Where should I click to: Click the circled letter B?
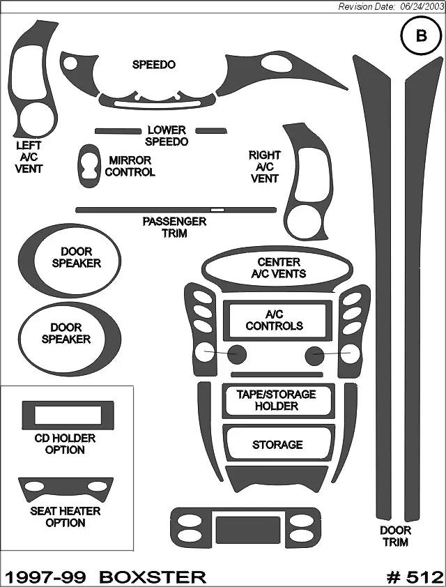click(421, 37)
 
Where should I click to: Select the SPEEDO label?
click(153, 65)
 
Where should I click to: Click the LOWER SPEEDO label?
click(167, 136)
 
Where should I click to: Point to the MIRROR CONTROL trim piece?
click(89, 166)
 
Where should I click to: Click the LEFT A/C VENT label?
click(29, 157)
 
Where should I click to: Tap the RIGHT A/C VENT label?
click(264, 167)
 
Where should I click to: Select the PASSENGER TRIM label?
click(174, 227)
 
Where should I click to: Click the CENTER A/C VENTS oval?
click(278, 268)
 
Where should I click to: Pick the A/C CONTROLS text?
click(275, 320)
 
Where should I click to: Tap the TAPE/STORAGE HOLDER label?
click(277, 400)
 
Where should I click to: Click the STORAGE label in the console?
click(277, 445)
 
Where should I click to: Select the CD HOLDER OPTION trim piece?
click(68, 416)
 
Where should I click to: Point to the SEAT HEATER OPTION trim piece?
click(65, 488)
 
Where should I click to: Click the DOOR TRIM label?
click(395, 535)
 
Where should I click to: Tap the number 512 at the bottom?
click(423, 577)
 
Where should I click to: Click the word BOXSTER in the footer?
click(153, 577)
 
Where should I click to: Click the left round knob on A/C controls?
click(236, 355)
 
